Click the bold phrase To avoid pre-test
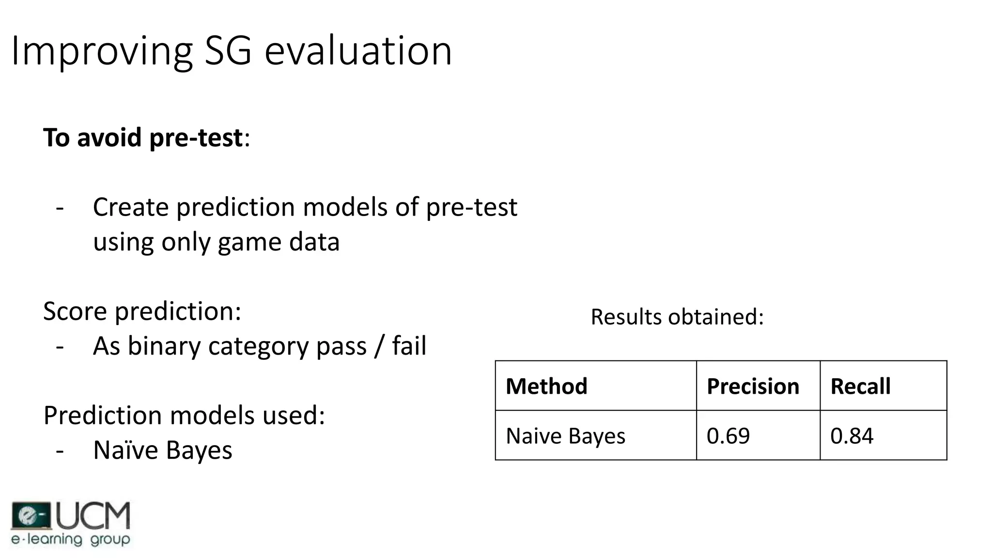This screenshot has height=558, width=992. tap(143, 138)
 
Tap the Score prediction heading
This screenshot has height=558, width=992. tap(142, 311)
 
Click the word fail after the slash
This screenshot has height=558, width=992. tap(409, 346)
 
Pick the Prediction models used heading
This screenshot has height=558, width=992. tap(184, 416)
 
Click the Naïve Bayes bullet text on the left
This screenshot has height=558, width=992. tap(162, 450)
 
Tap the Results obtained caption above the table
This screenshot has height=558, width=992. tap(677, 317)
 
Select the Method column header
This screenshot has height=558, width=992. tap(546, 387)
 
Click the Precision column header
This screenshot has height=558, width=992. tap(753, 387)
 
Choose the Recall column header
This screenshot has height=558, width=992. tap(860, 387)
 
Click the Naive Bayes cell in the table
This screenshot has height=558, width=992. tap(565, 436)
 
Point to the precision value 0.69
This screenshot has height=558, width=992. tap(728, 436)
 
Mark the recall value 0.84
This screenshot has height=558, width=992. tap(852, 436)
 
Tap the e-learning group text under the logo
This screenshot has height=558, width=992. tap(71, 539)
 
